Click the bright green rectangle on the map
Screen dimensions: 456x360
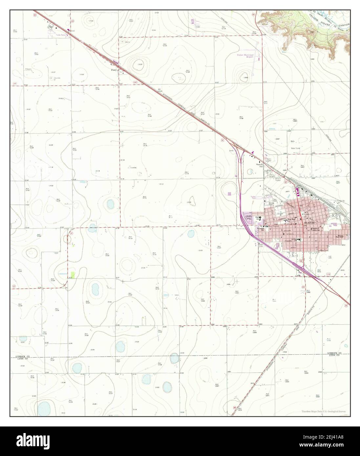[73, 275]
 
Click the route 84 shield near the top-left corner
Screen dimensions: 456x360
[34, 14]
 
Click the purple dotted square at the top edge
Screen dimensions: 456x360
[193, 21]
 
